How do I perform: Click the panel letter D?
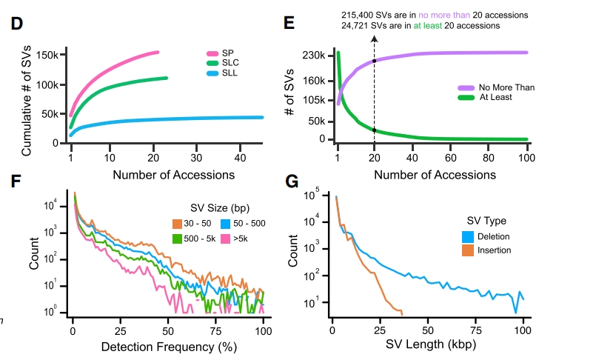point(16,24)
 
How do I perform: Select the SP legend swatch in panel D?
point(212,53)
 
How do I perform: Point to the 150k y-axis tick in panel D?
point(47,56)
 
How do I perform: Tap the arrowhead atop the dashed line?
point(374,37)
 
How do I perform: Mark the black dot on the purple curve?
point(374,61)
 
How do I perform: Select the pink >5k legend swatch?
point(227,238)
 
